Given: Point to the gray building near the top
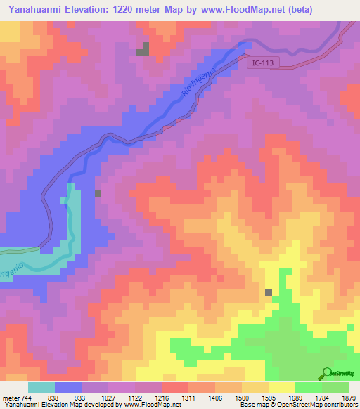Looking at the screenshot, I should (143, 49).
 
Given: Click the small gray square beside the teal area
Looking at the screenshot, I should (98, 194).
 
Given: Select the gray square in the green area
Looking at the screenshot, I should (269, 292).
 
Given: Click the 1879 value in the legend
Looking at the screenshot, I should (349, 397).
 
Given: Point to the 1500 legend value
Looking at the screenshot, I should (242, 397).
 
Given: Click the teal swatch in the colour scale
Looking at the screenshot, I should (41, 387).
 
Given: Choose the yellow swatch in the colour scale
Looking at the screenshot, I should (281, 387).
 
